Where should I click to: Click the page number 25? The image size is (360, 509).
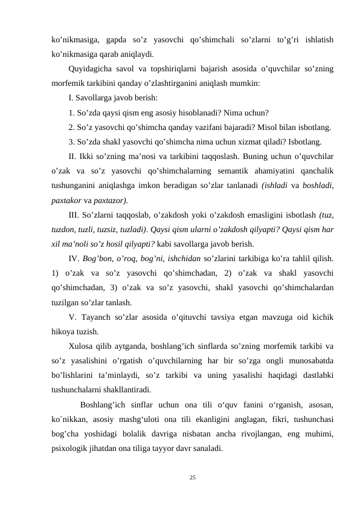tap(193, 478)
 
